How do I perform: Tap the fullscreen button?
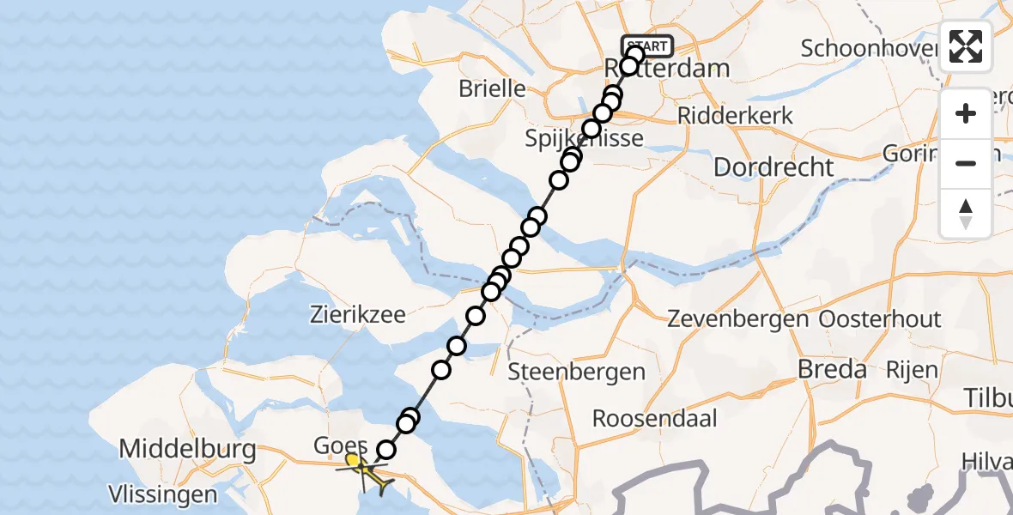[x=966, y=46]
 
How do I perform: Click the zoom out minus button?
[x=966, y=163]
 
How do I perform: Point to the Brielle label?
[x=492, y=88]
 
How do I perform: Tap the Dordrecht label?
[x=773, y=167]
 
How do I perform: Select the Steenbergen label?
[x=576, y=373]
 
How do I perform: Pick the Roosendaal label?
[x=654, y=419]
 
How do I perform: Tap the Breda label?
[x=832, y=370]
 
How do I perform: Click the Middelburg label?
[x=187, y=449]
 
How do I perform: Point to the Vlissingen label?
[x=162, y=494]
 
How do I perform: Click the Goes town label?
[x=341, y=446]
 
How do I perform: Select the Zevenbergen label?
[x=738, y=320]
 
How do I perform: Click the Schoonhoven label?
[x=867, y=48]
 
